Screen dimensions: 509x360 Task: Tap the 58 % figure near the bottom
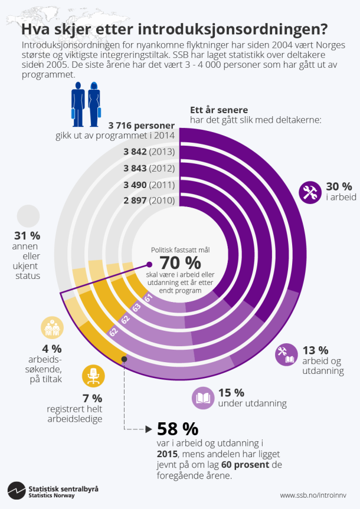point(177,429)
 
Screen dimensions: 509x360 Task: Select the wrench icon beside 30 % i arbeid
point(310,192)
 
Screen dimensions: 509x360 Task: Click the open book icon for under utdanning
point(203,398)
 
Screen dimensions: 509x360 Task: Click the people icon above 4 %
point(51,328)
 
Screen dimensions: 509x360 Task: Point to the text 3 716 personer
point(142,126)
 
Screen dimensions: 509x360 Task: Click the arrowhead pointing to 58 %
point(148,429)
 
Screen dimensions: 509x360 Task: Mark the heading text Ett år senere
point(219,110)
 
